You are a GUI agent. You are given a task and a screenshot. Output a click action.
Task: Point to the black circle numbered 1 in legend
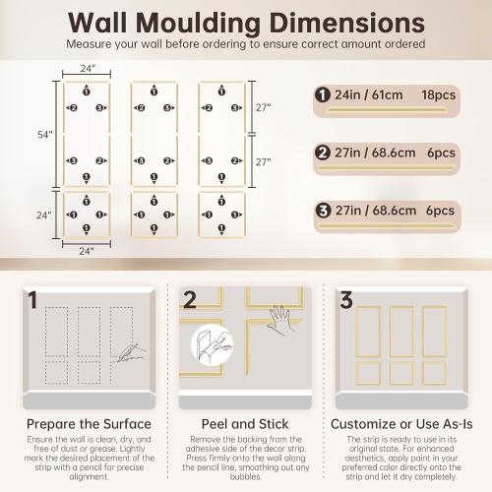click(322, 94)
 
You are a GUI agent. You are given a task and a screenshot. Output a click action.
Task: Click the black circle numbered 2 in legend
click(322, 153)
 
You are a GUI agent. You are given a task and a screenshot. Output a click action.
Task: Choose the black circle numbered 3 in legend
click(322, 210)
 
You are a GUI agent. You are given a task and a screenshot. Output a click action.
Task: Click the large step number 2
click(190, 300)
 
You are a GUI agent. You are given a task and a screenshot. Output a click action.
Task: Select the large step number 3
click(345, 300)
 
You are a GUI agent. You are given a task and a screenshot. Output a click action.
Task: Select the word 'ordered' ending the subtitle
click(403, 44)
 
